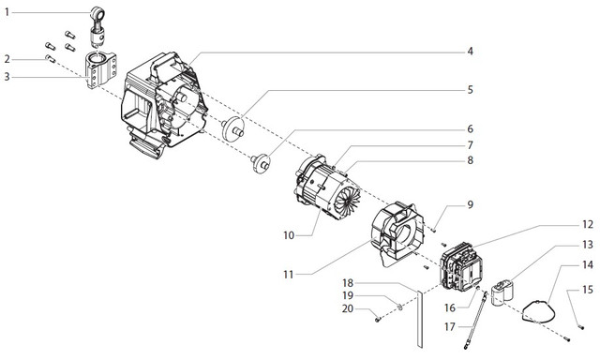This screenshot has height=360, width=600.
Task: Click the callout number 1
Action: click(7, 12)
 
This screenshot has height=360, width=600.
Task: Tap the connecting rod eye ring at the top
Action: click(97, 14)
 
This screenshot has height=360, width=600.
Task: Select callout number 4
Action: click(470, 51)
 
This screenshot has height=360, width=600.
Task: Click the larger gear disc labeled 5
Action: click(232, 129)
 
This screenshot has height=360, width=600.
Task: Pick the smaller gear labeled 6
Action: click(261, 162)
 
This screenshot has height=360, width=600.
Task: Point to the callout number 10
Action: click(289, 235)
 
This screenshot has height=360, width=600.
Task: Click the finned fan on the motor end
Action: click(347, 201)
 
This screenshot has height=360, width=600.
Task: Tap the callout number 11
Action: click(288, 275)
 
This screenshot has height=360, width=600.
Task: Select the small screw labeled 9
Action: click(433, 230)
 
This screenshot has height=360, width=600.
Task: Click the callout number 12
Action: click(588, 224)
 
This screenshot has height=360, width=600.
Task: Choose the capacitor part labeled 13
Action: click(502, 293)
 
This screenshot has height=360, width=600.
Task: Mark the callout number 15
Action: click(588, 290)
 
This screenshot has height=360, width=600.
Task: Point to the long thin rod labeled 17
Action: click(475, 321)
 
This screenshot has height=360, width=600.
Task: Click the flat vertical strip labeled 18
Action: click(420, 319)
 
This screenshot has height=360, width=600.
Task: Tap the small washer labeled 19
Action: click(400, 307)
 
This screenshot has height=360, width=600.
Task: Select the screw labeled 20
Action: click(378, 319)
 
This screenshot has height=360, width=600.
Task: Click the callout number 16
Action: click(450, 307)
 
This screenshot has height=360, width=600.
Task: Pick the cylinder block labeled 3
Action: click(100, 69)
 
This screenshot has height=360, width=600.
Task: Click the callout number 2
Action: click(7, 59)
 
